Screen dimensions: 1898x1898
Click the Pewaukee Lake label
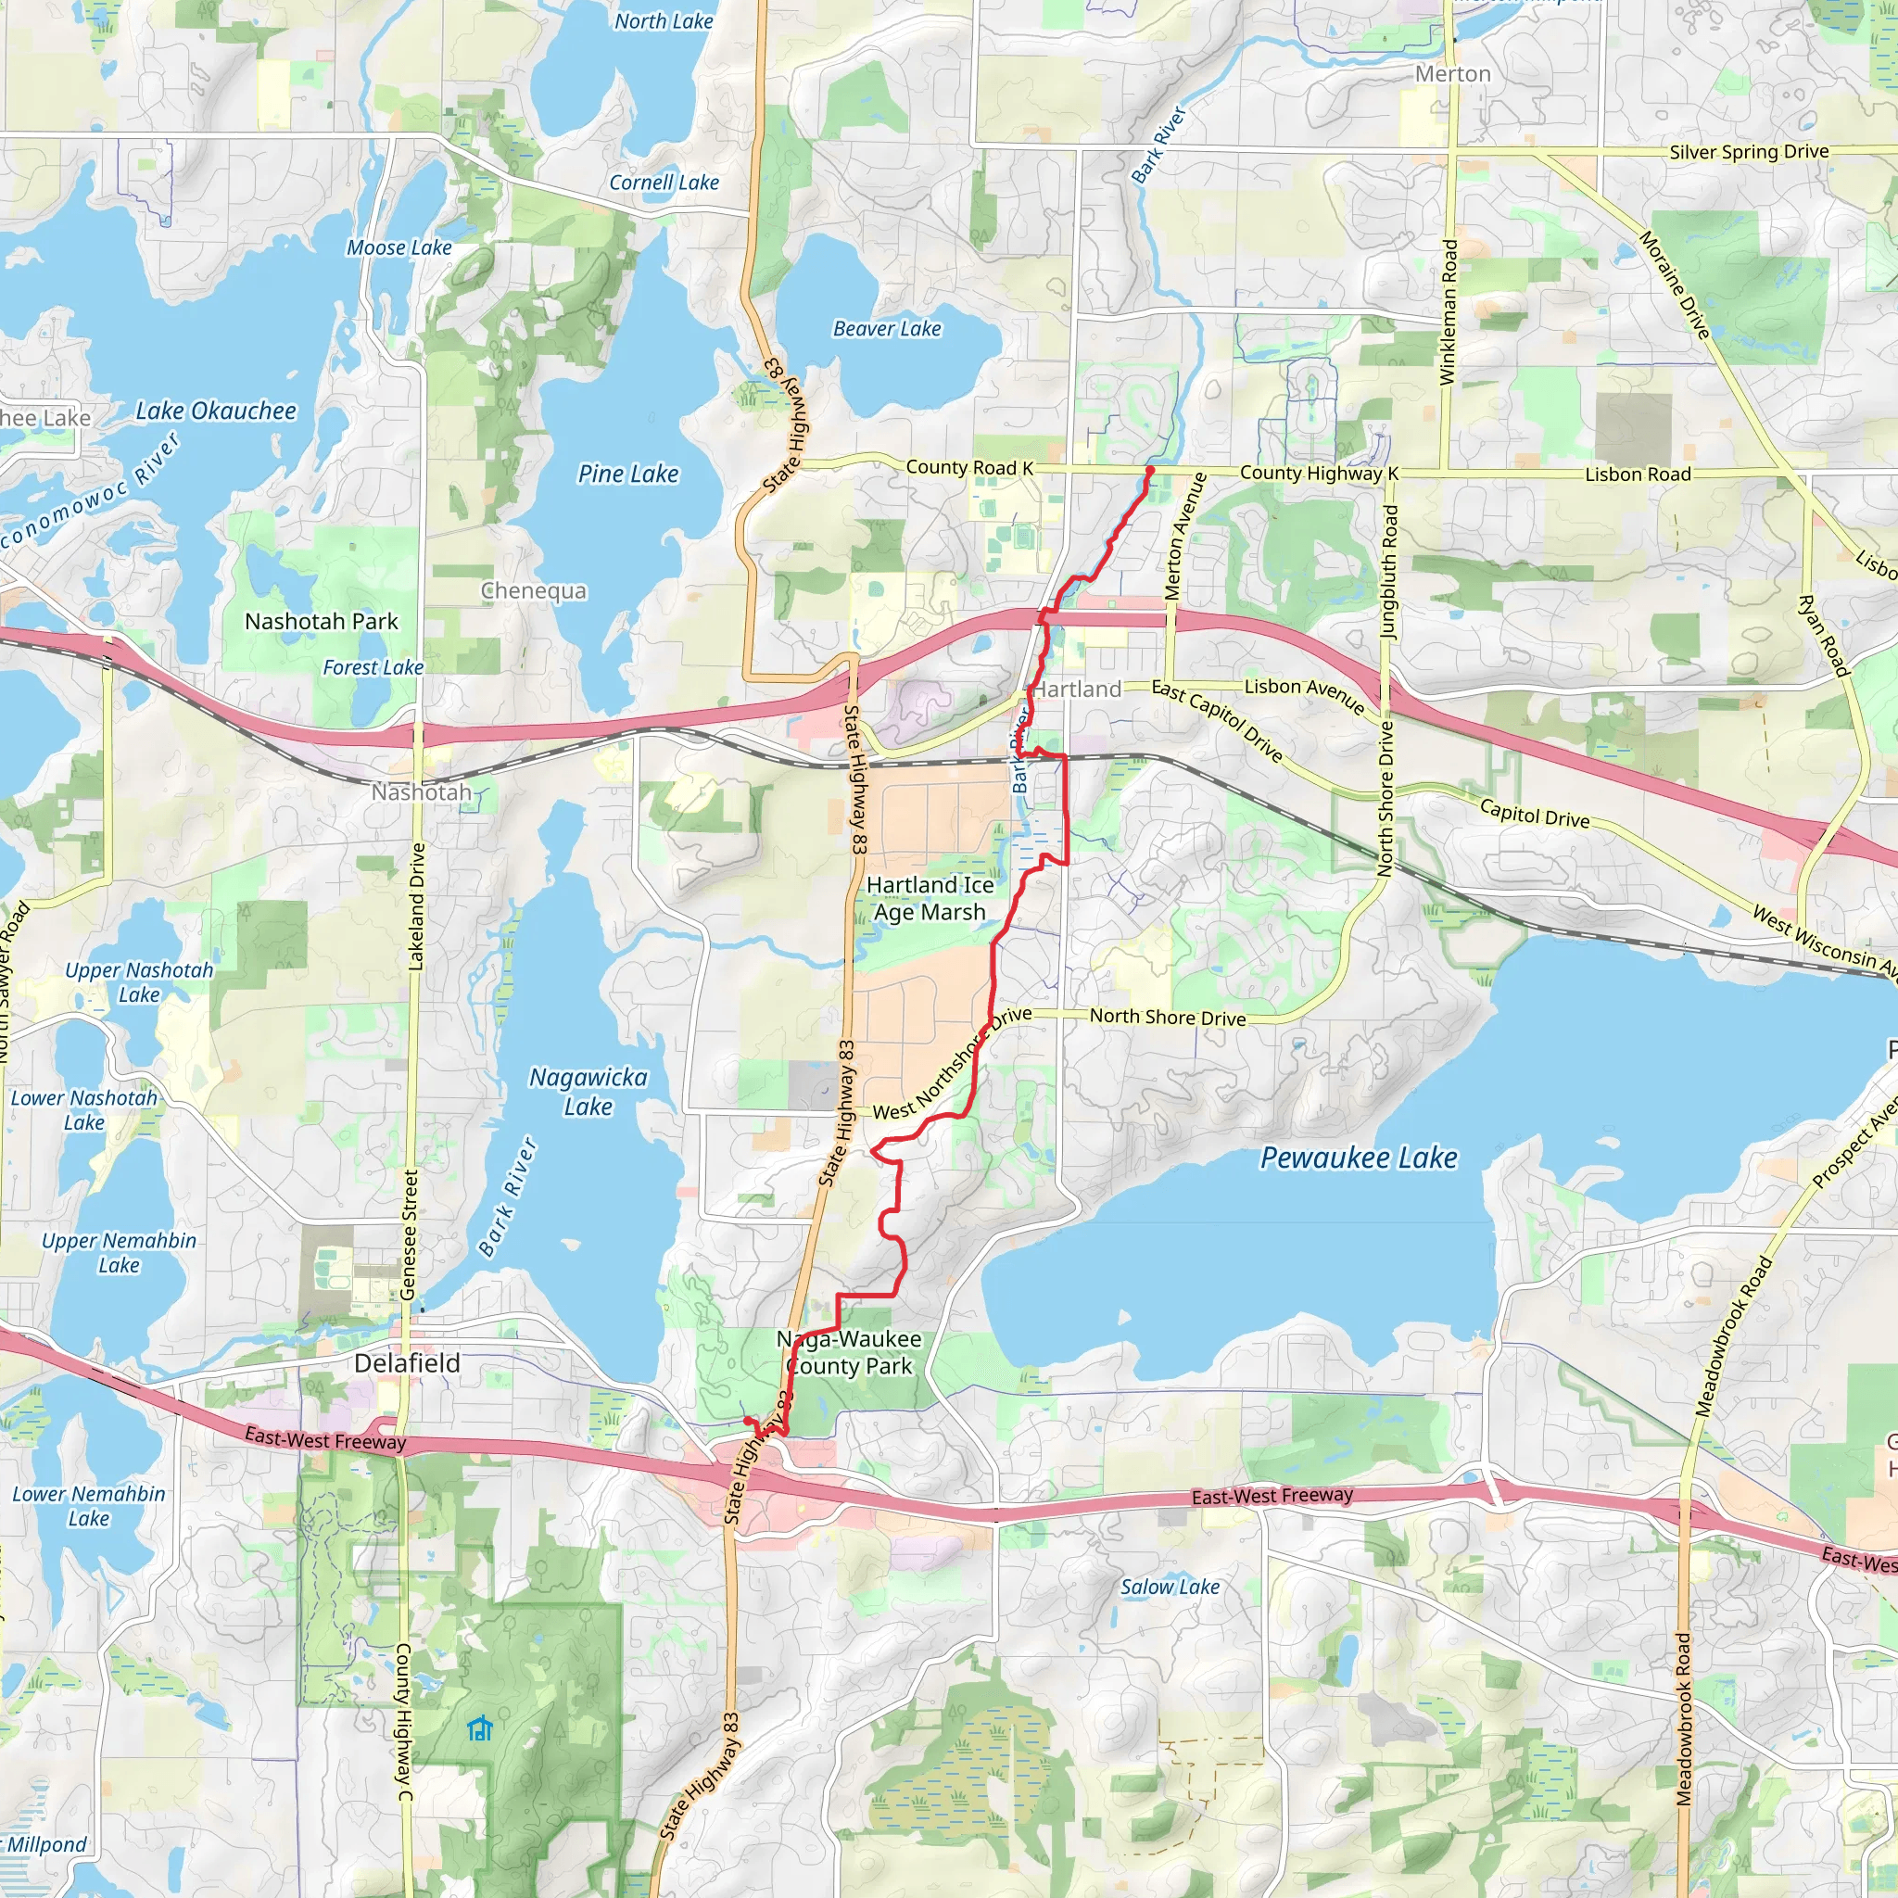1359,1158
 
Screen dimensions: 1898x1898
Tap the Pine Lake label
627,474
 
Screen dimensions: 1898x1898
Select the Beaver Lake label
886,329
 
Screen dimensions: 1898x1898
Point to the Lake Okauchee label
215,411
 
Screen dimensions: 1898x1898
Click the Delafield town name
407,1362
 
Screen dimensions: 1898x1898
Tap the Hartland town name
1078,690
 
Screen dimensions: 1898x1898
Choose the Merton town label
1452,75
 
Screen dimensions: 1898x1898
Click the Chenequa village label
534,590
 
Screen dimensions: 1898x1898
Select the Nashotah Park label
322,622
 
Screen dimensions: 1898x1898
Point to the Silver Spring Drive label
1749,152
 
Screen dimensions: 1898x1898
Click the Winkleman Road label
1449,312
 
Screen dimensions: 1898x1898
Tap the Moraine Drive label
1674,284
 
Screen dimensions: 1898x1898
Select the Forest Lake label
373,668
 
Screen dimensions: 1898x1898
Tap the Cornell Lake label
664,183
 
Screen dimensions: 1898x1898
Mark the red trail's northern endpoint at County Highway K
1149,471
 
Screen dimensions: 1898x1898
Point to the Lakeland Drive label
416,905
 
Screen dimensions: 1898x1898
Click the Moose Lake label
399,247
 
